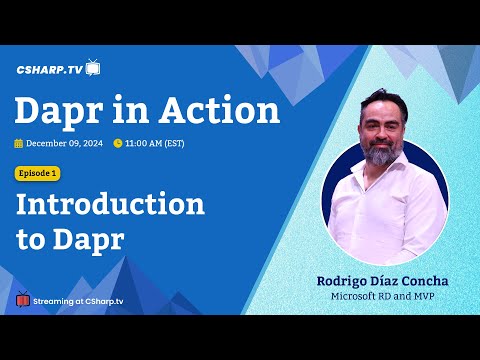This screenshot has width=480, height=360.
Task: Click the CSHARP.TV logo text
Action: coord(49,70)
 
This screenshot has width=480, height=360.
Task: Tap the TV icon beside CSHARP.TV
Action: coord(93,67)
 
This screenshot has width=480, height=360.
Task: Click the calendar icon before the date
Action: coord(19,143)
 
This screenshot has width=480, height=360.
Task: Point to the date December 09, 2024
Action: coord(65,143)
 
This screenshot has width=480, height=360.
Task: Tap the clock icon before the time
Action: coord(118,143)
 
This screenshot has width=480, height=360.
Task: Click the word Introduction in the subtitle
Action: coord(110,206)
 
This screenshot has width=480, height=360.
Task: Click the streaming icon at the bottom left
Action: coord(23,299)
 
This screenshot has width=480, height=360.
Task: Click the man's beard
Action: coord(381,155)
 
